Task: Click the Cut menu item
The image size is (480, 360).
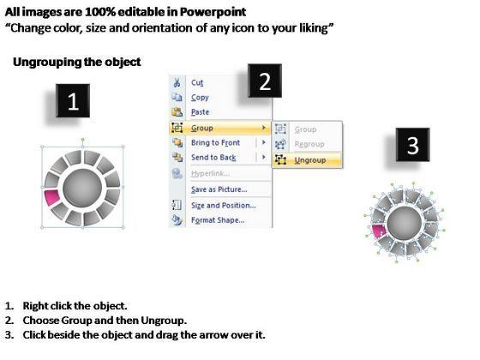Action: [197, 82]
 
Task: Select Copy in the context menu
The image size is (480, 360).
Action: [200, 98]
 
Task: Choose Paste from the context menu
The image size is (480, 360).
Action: [200, 112]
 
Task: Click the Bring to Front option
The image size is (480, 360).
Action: [215, 142]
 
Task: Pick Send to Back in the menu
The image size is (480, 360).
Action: [213, 158]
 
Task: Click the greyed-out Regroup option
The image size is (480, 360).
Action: [309, 144]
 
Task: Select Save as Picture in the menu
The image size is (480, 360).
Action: [219, 189]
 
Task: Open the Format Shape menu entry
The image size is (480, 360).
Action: [218, 220]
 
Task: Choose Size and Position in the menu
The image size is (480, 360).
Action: [223, 206]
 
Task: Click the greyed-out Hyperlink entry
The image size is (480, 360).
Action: [210, 173]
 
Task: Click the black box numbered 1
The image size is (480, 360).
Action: [73, 101]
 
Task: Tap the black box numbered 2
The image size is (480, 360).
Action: [265, 81]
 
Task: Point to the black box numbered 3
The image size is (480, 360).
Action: [412, 145]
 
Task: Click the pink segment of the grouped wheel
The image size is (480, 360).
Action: [52, 197]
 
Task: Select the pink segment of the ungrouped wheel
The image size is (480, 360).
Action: [379, 231]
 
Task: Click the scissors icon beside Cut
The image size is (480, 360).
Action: [177, 82]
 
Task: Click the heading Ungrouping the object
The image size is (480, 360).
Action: [77, 62]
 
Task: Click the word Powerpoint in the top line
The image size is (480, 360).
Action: [213, 12]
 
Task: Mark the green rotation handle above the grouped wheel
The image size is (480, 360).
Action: [82, 140]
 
